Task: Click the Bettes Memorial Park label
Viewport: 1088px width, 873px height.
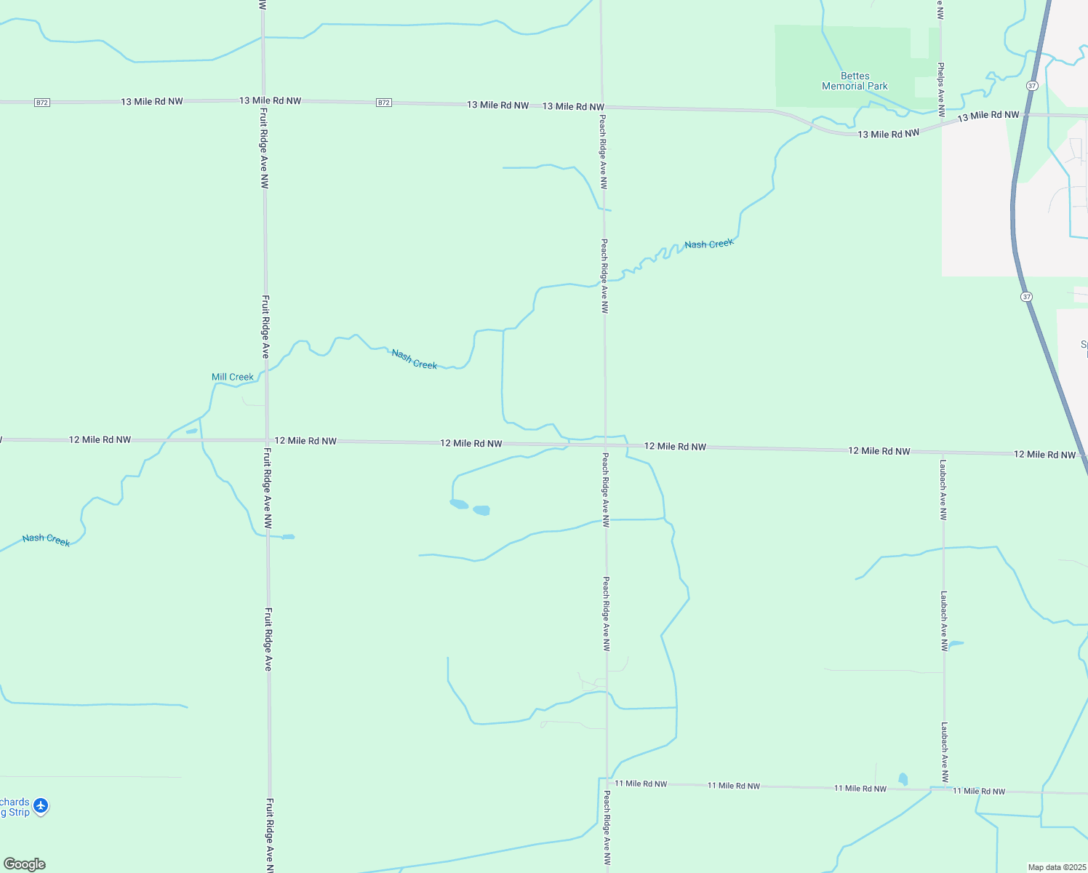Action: tap(855, 81)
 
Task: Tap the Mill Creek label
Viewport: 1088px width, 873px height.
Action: tap(232, 377)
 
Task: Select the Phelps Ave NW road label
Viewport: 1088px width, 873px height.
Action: tap(941, 89)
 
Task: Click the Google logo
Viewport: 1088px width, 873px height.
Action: tap(25, 864)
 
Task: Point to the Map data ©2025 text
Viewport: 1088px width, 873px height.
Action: tap(1056, 867)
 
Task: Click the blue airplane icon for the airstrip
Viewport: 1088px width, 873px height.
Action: tap(41, 806)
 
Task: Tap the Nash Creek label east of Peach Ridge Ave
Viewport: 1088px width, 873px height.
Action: tap(709, 244)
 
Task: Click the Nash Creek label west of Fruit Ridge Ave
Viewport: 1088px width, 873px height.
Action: tap(46, 539)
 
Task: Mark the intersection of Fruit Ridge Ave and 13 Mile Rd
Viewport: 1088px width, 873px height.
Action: tap(263, 101)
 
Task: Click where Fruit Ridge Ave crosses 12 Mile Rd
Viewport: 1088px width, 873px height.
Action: tap(267, 440)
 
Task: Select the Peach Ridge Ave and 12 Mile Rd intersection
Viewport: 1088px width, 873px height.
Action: tap(605, 445)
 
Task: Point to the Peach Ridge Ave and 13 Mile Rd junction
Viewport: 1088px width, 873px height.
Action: tap(601, 107)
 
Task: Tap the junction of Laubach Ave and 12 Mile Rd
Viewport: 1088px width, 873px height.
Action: tap(943, 453)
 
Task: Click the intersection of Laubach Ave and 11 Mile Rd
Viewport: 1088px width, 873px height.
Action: tap(945, 789)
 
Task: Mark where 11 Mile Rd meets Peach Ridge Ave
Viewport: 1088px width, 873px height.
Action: tap(607, 782)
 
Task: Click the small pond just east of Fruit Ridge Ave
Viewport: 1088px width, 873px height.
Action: tap(289, 537)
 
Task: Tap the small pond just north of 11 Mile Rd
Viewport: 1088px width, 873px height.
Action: tap(903, 779)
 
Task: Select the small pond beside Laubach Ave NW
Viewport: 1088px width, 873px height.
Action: tap(956, 643)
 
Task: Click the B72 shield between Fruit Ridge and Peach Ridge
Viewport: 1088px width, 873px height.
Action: tap(384, 103)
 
